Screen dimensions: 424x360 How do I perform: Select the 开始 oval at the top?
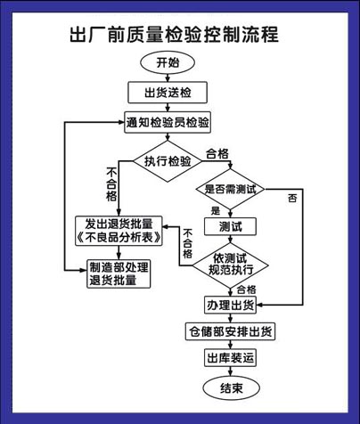tap(168, 63)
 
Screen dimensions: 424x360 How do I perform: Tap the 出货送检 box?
tap(168, 93)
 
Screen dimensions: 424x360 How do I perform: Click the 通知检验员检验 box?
tap(167, 122)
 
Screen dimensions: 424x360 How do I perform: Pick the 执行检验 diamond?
tap(168, 161)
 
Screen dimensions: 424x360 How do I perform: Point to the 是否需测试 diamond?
tap(230, 189)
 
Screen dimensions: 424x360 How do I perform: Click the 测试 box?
tap(230, 226)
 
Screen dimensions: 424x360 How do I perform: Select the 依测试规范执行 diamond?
tap(230, 263)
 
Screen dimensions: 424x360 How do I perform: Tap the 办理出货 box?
tap(230, 305)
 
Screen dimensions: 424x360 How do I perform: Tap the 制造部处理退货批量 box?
tap(118, 273)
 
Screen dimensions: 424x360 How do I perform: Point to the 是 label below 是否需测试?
tap(216, 210)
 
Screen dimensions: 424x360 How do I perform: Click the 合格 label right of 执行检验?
tap(217, 153)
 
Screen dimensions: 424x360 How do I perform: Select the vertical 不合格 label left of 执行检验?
tap(110, 183)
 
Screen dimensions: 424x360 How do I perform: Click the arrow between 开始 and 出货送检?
tap(168, 77)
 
